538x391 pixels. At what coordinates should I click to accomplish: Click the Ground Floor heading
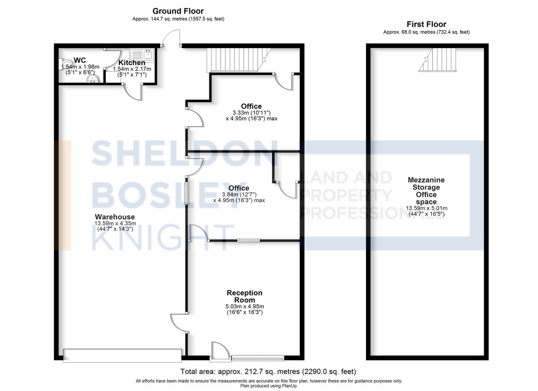[x=178, y=11]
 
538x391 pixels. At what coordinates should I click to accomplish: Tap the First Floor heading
[x=426, y=24]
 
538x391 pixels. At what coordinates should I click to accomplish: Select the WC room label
[x=80, y=60]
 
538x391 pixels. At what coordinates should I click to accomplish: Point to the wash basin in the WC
[x=93, y=79]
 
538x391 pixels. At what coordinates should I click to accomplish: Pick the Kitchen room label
[x=132, y=63]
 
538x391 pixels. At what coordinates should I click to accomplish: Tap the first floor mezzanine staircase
[x=437, y=60]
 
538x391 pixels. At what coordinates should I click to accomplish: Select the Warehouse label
[x=114, y=217]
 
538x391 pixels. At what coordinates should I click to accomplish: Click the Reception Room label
[x=245, y=296]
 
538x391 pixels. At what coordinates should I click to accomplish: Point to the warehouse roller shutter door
[x=122, y=355]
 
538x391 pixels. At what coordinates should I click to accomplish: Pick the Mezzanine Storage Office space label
[x=426, y=191]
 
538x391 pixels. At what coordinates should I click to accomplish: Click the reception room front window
[x=258, y=358]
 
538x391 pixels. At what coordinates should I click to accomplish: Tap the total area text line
[x=268, y=371]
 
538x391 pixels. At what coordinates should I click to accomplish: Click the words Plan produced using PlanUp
[x=268, y=386]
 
